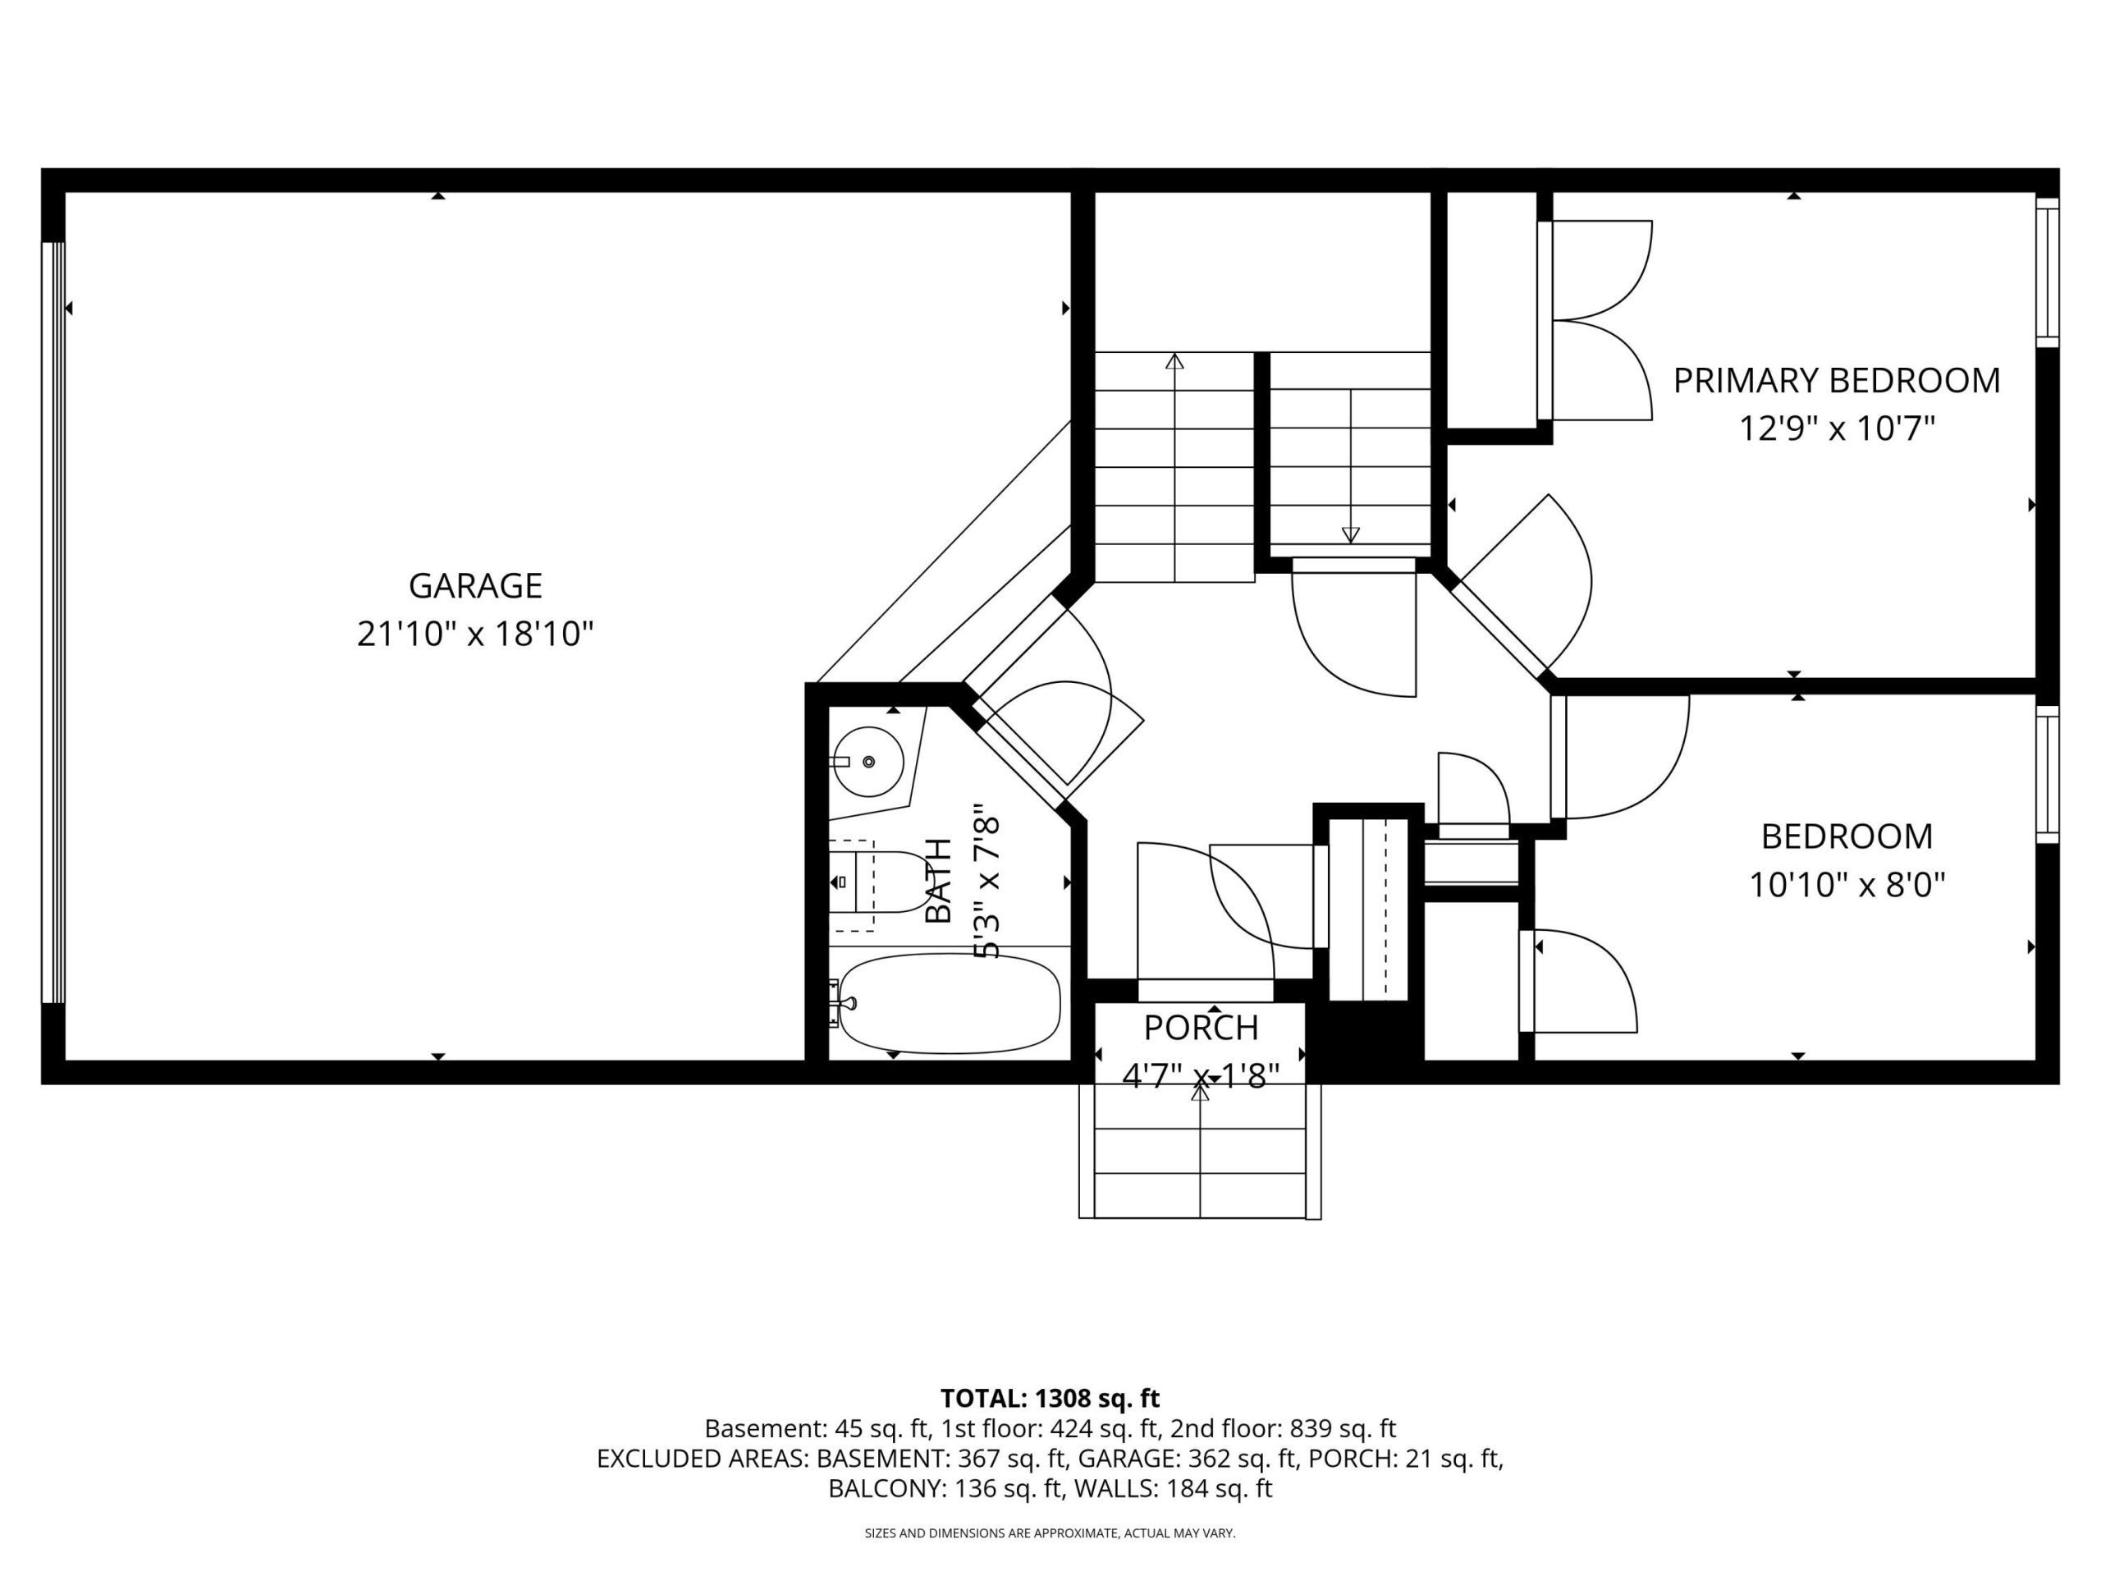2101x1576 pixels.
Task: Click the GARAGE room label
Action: [x=475, y=585]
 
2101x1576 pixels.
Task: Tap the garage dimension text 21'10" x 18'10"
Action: [x=475, y=634]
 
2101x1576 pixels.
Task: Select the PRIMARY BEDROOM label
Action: [x=1836, y=380]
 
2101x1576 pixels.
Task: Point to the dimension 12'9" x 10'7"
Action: [x=1836, y=428]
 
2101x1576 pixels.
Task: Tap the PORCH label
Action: [x=1201, y=1028]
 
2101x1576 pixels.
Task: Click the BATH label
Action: [x=938, y=881]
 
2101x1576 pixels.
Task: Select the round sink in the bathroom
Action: [x=867, y=762]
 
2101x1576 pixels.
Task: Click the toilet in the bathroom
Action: [x=880, y=882]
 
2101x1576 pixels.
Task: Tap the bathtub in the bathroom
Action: [x=950, y=1004]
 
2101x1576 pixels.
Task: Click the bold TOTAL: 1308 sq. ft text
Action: [x=1050, y=1399]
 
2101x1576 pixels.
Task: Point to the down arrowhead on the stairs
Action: [x=1350, y=535]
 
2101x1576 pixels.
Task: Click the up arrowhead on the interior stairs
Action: [x=1175, y=361]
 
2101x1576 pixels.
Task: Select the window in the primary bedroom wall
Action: [x=2048, y=272]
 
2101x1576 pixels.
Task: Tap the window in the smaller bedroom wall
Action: [x=2048, y=774]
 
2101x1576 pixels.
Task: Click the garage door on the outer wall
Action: [x=53, y=622]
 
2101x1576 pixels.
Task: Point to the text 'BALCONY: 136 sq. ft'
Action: [x=945, y=1489]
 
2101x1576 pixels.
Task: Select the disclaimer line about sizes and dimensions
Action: [x=1050, y=1532]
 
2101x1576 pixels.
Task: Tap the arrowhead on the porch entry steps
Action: [x=1201, y=1093]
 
